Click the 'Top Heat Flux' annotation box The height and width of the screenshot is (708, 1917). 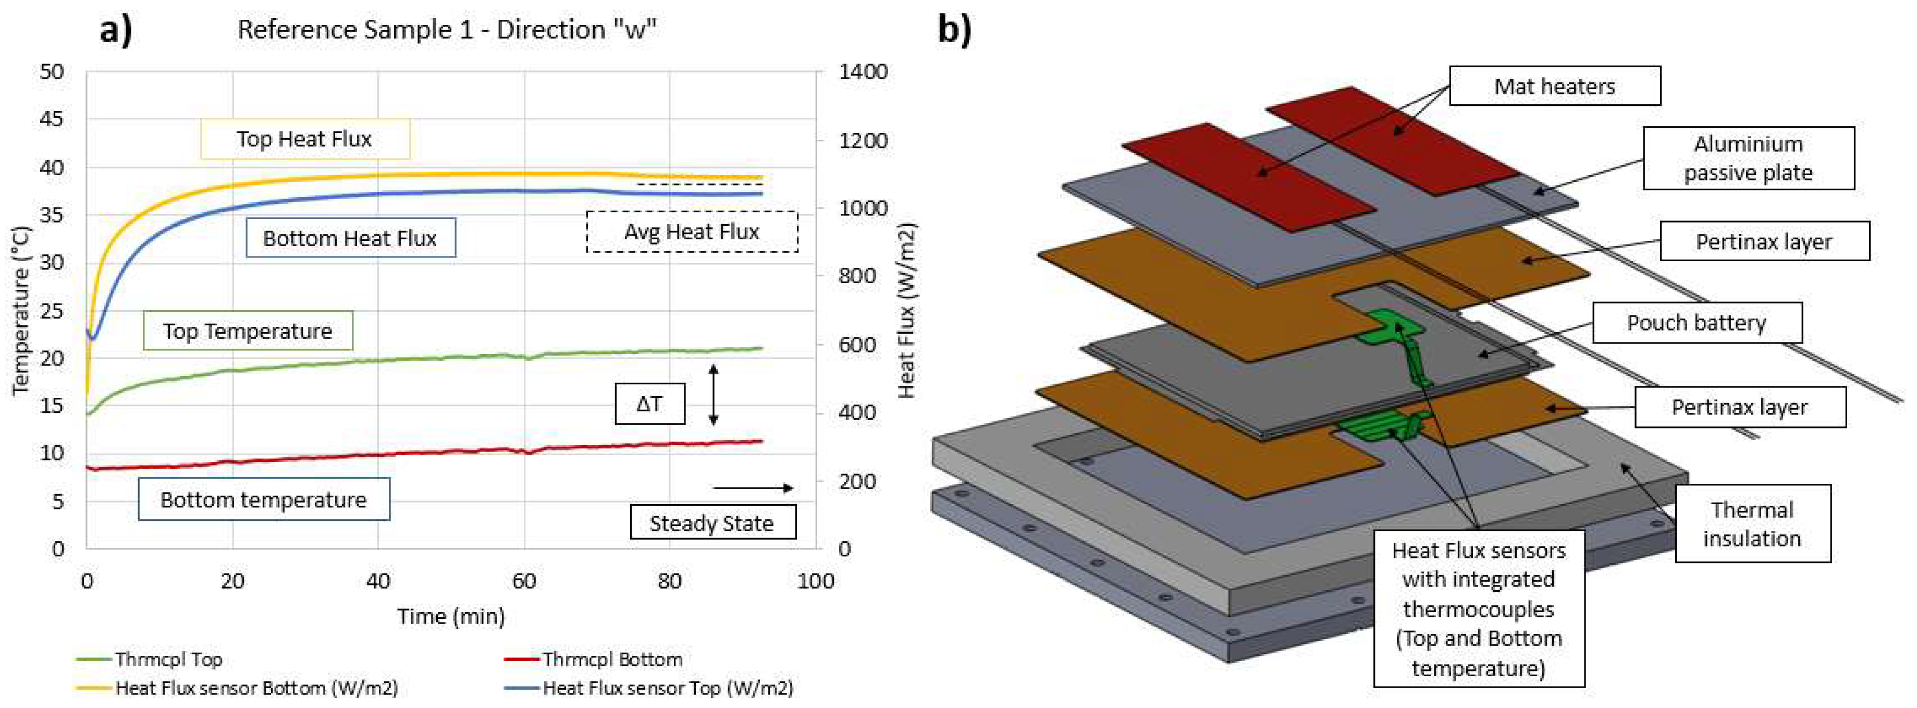tap(304, 139)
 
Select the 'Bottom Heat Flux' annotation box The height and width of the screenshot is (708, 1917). tap(350, 238)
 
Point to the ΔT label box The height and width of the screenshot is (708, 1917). tap(649, 404)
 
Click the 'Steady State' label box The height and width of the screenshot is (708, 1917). tap(712, 522)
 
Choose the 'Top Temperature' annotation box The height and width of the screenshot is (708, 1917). tap(247, 331)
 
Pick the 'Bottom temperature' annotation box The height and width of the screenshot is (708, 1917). tap(263, 499)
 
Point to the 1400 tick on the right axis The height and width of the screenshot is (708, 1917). tap(863, 72)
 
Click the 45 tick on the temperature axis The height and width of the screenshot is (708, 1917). tap(52, 119)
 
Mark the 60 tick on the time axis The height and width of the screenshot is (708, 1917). tap(524, 581)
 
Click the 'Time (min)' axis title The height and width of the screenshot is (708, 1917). tap(451, 616)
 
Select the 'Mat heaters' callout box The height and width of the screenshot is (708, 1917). tap(1555, 87)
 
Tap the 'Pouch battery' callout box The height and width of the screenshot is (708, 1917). tap(1697, 322)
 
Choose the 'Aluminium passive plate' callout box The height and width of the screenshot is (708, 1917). tap(1748, 158)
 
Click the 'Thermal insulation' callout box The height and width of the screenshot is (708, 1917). tap(1752, 523)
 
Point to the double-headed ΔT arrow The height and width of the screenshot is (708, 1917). tap(713, 395)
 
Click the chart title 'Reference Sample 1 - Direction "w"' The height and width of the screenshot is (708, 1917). tap(447, 30)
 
